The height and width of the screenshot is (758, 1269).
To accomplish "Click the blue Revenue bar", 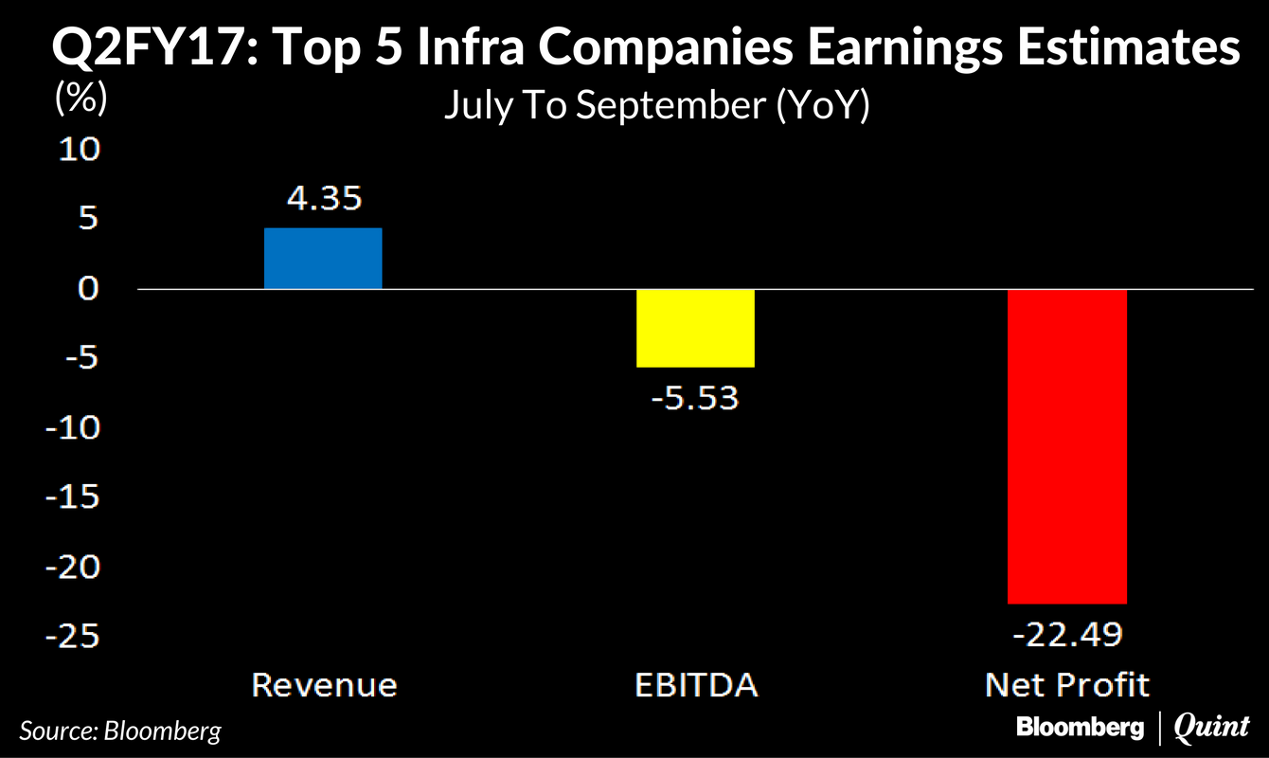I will click(x=323, y=258).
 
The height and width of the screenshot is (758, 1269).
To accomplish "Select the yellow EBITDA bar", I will click(x=695, y=327).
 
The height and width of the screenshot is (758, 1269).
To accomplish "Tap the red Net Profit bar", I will click(x=1066, y=445).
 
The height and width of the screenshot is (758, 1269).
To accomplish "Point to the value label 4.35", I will click(x=323, y=199).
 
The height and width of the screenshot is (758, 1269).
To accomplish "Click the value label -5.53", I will click(x=695, y=398).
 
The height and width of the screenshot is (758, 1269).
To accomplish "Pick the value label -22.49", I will click(x=1066, y=634).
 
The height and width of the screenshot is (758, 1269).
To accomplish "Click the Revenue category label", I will click(x=323, y=685).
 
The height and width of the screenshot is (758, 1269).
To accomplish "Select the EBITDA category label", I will click(x=695, y=685).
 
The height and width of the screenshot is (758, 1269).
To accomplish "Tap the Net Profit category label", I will click(x=1066, y=685).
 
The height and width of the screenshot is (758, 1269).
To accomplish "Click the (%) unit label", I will click(x=81, y=98).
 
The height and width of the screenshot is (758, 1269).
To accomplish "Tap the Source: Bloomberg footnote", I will click(x=120, y=731).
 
